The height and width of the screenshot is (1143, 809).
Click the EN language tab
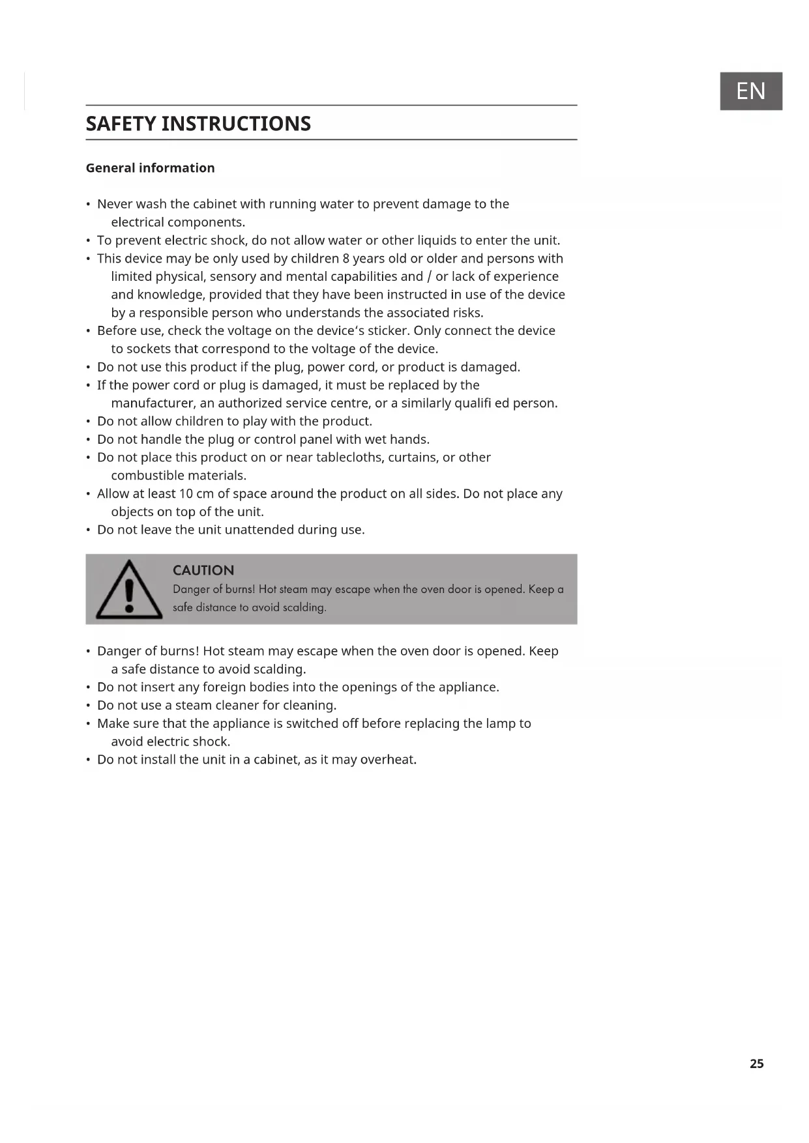click(750, 91)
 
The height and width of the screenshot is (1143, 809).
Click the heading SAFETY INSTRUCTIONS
click(198, 124)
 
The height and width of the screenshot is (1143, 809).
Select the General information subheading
click(150, 168)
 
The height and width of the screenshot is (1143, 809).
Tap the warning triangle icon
click(129, 590)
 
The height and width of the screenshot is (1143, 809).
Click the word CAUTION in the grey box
click(203, 571)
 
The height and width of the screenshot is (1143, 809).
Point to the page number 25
click(756, 1063)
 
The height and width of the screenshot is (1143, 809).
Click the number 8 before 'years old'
click(346, 259)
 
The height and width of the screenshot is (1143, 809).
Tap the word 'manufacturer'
click(153, 403)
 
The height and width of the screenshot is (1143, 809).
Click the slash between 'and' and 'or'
click(429, 277)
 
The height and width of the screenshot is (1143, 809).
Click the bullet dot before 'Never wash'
click(88, 205)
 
